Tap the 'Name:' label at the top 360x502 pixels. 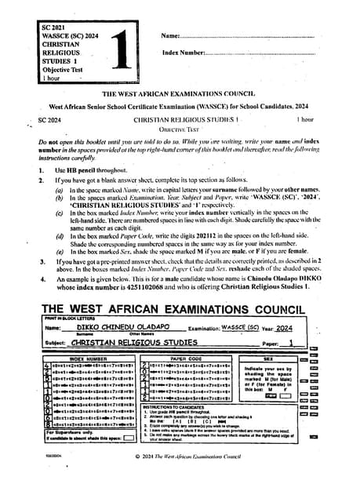click(171, 36)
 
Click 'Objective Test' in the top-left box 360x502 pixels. click(62, 69)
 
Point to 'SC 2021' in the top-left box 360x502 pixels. click(56, 27)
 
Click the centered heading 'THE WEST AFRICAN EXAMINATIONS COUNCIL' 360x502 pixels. click(180, 93)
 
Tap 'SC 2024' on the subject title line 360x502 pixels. click(49, 119)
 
